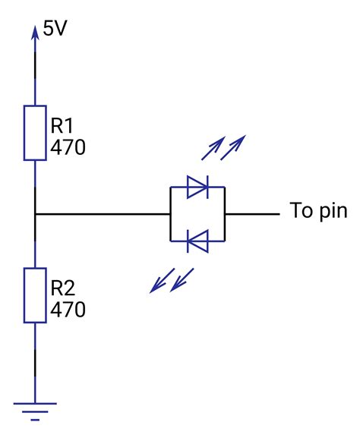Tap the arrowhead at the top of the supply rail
click(x=35, y=32)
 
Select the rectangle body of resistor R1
click(x=35, y=134)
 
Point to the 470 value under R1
click(x=67, y=147)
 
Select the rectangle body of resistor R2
click(x=35, y=295)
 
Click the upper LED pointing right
click(x=197, y=188)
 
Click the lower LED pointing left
click(x=197, y=241)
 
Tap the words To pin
click(x=318, y=212)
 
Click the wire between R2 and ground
click(x=35, y=357)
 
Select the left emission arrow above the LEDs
click(x=213, y=150)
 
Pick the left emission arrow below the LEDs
click(x=160, y=282)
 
